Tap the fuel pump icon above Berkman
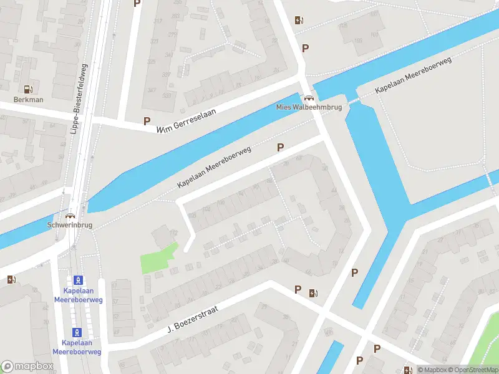27,90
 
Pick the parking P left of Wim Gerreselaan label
147,122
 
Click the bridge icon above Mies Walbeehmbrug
308,97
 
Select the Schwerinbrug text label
69,225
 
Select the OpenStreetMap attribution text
472,370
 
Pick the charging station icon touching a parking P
313,292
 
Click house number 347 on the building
150,90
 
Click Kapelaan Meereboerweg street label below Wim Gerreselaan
214,167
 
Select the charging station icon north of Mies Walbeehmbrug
299,20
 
